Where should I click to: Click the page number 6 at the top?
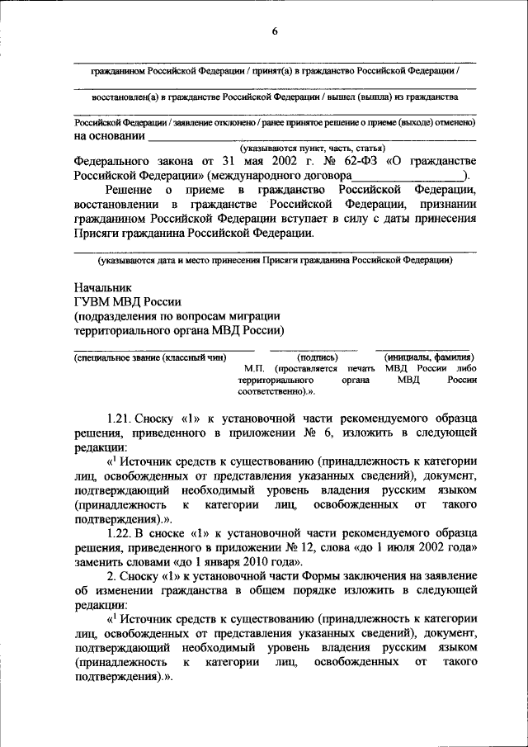(276, 31)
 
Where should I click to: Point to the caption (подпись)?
(317, 357)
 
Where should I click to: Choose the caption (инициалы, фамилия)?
(427, 357)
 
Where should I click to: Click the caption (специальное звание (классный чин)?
(149, 357)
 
